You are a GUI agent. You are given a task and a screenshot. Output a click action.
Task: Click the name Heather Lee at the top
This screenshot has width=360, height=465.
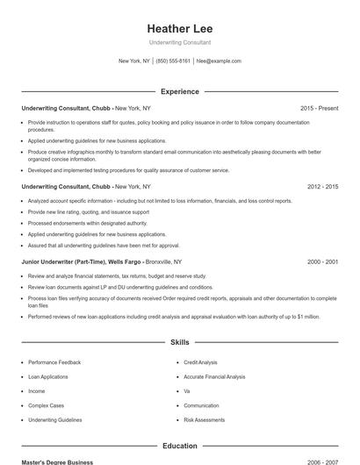tap(180, 28)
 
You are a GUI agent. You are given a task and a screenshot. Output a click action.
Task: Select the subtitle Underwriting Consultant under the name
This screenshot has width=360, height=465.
tap(180, 42)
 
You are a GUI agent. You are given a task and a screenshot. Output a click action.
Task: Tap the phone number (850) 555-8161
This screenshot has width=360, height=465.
tap(173, 61)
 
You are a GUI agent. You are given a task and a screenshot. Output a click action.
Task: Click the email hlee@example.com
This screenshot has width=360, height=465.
tap(219, 61)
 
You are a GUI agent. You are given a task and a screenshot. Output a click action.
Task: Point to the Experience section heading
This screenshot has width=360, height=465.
tap(180, 91)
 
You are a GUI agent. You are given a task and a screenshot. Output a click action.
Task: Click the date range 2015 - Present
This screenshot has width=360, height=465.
tap(319, 108)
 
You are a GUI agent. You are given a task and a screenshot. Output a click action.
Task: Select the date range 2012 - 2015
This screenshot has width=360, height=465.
tap(322, 187)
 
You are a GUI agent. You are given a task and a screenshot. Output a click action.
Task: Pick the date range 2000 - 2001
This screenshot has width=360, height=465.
tap(322, 262)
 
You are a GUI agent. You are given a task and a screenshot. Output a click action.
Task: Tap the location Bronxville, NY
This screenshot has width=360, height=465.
tap(164, 262)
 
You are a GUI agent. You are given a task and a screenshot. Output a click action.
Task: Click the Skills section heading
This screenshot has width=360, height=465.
tap(180, 342)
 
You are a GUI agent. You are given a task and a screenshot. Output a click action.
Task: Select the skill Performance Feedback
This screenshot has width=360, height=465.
tap(54, 362)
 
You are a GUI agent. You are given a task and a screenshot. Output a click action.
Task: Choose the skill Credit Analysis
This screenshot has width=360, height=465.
tap(200, 362)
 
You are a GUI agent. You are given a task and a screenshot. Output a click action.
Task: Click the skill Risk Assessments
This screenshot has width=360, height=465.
tap(204, 420)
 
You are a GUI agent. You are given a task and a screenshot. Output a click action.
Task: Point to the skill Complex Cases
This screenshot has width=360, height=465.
tap(47, 405)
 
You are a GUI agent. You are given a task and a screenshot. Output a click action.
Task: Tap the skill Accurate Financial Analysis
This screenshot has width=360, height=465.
tap(214, 376)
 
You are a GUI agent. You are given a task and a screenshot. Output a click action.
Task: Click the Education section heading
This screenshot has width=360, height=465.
tap(180, 446)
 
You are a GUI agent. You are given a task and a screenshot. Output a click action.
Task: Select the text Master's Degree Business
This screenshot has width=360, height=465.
tap(57, 461)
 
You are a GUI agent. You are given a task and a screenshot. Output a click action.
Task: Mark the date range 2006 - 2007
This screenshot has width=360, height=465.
tap(322, 461)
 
